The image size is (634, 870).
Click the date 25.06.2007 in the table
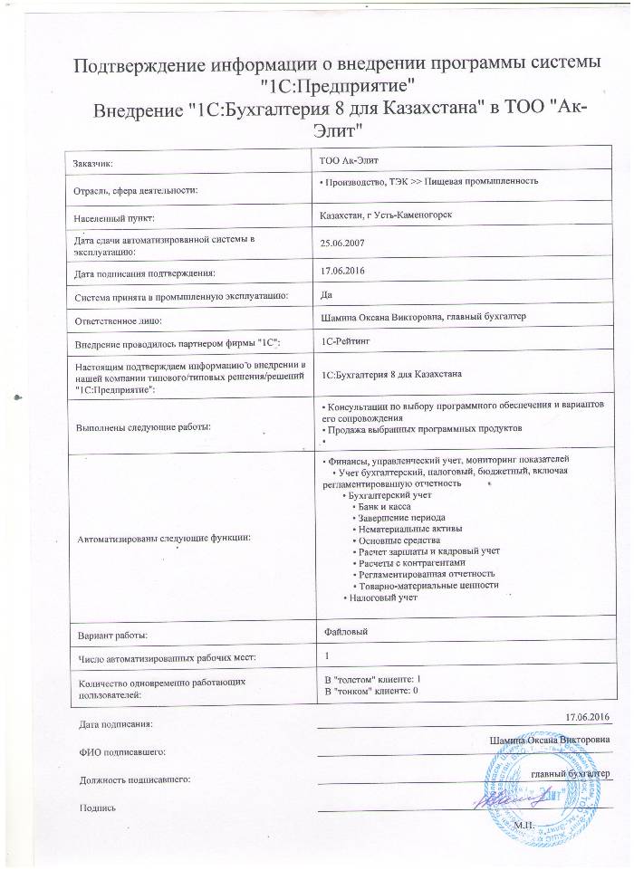[x=345, y=244]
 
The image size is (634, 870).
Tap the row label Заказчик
[x=95, y=164]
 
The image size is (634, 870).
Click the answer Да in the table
[x=327, y=294]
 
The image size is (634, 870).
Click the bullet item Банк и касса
[x=389, y=508]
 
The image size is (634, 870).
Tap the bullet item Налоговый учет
[x=384, y=597]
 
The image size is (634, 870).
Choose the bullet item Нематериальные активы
[x=410, y=529]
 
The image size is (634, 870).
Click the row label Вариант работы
[x=113, y=636]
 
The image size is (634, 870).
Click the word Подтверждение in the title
[x=153, y=64]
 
